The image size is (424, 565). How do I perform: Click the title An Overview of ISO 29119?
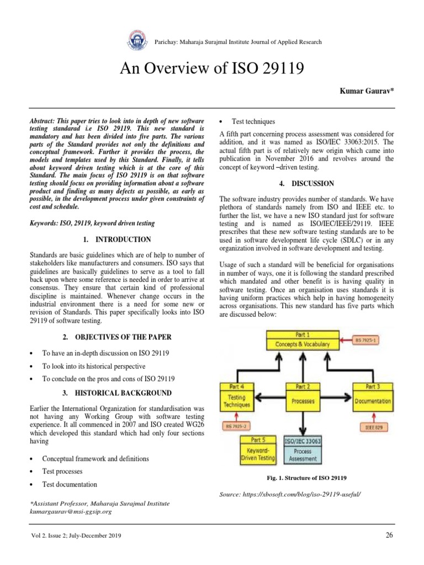tap(211, 69)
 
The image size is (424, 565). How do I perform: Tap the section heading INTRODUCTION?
tap(118, 240)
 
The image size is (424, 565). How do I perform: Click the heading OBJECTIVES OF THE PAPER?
tap(118, 337)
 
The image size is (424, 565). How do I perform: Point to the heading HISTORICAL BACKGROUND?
tap(118, 393)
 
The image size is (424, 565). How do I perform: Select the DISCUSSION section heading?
tap(306, 183)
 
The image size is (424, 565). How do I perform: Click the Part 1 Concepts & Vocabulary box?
tap(303, 340)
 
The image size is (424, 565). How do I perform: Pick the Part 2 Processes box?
tap(303, 396)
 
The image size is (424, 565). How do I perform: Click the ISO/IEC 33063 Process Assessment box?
tap(303, 449)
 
